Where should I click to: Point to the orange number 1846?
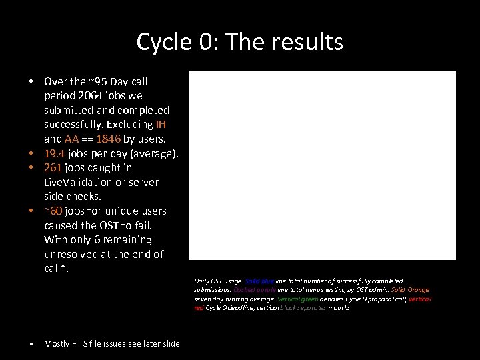107,139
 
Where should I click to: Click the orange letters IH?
161,125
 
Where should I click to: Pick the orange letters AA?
72,139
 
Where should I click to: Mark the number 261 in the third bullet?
53,168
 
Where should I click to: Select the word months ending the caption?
339,308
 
